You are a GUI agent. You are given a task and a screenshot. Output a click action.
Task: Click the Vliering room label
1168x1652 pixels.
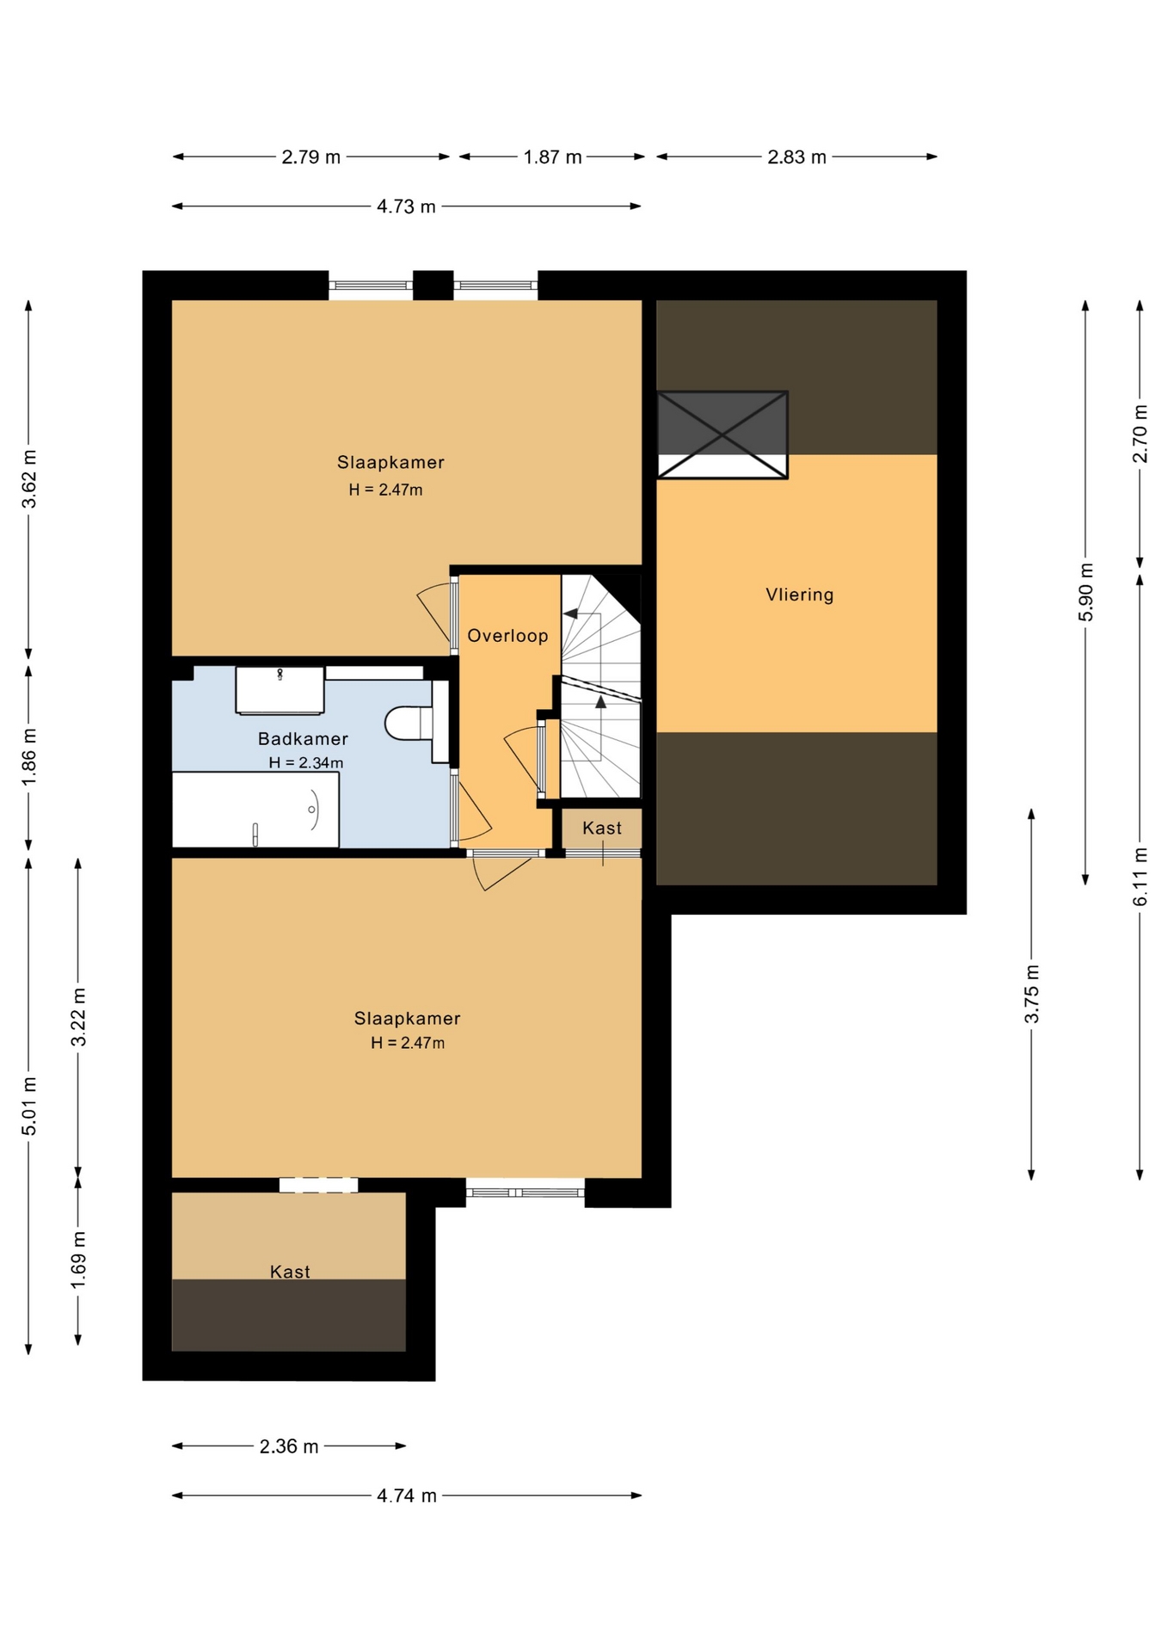(799, 595)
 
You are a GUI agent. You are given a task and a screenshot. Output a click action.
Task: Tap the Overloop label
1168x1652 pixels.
(507, 636)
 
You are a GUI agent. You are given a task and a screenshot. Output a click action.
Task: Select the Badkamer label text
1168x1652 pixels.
(303, 738)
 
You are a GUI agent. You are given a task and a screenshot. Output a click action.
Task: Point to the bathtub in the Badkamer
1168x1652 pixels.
(255, 810)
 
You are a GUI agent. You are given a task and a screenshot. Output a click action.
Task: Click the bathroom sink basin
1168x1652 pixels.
(280, 689)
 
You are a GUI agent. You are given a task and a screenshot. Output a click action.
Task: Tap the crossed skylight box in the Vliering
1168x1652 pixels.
(722, 435)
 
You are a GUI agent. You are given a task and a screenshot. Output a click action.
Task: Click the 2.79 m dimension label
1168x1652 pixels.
(310, 157)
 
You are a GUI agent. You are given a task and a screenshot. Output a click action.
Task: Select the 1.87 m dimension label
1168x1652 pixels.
(552, 157)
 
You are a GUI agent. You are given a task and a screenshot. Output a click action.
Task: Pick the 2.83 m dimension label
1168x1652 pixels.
(796, 157)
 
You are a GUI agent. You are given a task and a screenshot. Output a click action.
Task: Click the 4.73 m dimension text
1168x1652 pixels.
(406, 206)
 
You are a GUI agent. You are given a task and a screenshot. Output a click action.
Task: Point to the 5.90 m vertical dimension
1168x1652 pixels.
(1085, 592)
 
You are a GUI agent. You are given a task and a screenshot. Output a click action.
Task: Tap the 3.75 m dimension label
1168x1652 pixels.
(1031, 994)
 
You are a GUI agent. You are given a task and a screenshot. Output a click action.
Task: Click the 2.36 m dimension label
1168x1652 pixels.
(289, 1446)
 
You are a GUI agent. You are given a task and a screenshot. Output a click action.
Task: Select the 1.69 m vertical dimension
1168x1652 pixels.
(78, 1260)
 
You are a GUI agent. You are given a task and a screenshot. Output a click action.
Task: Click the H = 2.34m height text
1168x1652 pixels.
(306, 762)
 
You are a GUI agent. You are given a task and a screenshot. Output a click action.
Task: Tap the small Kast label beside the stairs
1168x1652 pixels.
(602, 828)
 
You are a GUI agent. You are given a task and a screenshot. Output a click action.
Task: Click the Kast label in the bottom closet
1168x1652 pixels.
(290, 1272)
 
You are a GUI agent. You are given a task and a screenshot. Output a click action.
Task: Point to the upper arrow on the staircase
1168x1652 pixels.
(570, 613)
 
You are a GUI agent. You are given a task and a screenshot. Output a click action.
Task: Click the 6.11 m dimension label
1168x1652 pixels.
(1140, 877)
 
